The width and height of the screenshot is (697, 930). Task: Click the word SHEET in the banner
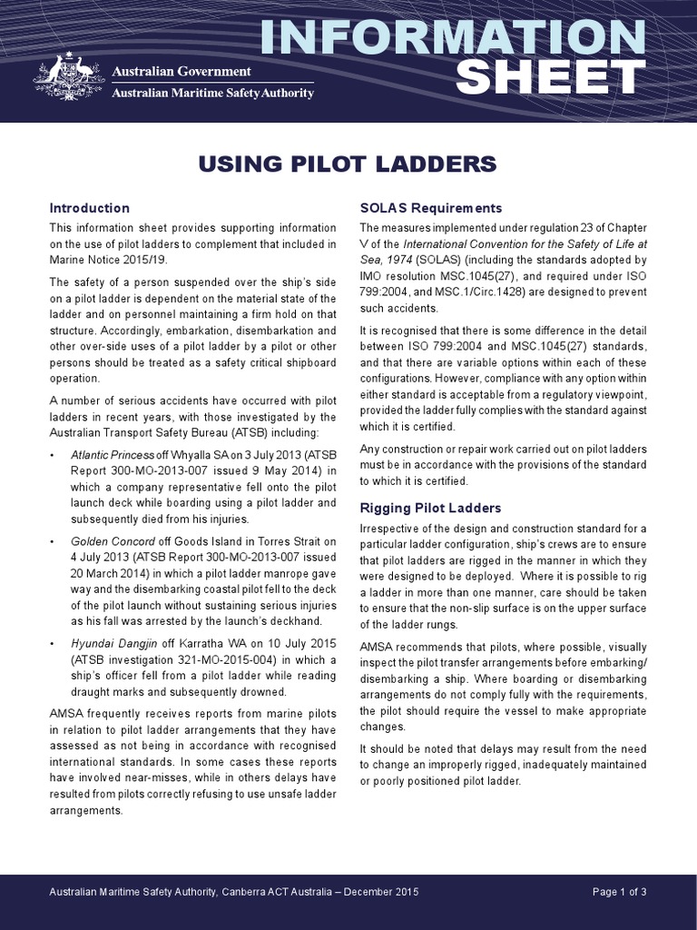(550, 78)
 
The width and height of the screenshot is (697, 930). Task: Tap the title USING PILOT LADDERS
(348, 163)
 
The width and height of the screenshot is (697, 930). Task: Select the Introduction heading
(90, 208)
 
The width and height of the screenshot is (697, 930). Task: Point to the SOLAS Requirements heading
(431, 208)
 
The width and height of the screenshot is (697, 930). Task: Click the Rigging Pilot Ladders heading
(430, 507)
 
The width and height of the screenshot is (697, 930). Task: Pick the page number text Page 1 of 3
(619, 892)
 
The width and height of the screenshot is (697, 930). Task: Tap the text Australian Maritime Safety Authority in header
(212, 92)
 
